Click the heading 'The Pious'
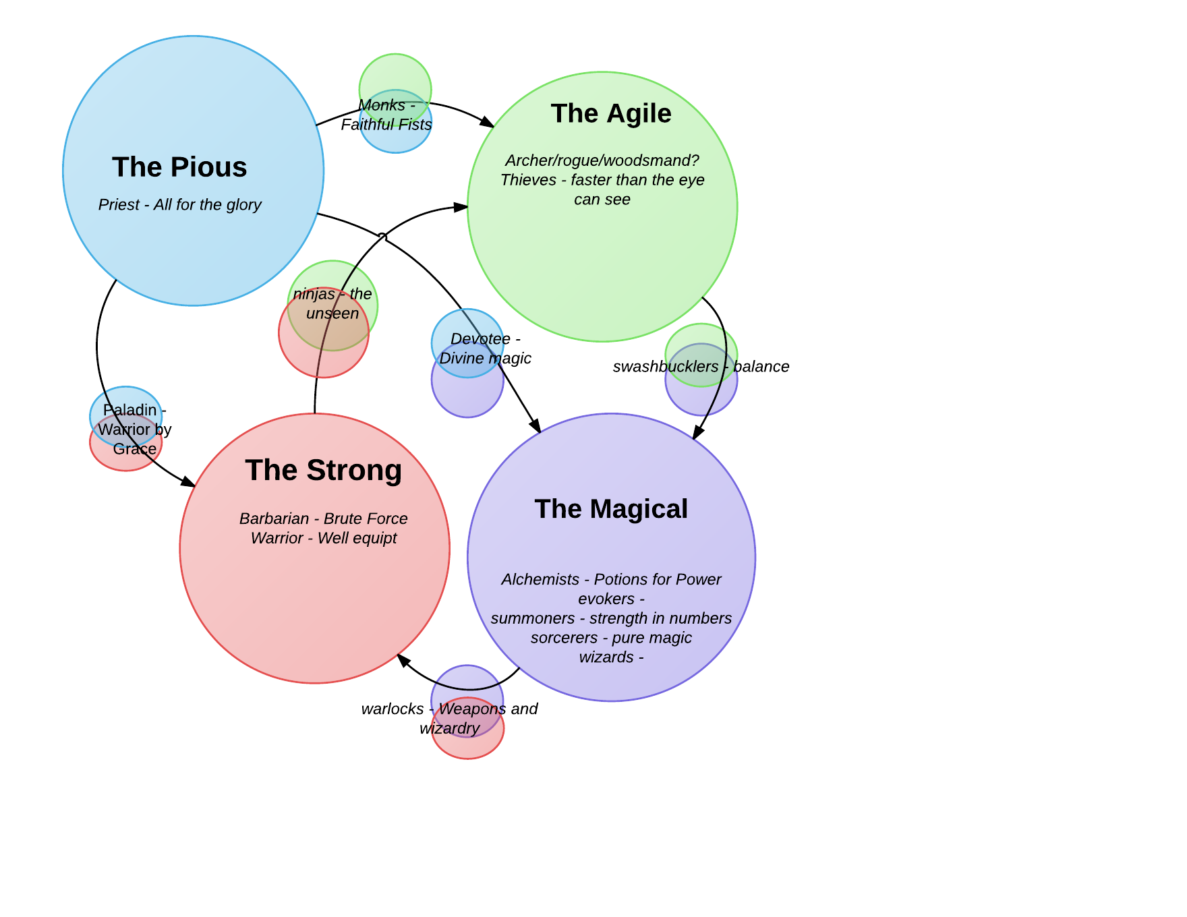click(x=179, y=167)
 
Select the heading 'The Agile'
click(x=611, y=113)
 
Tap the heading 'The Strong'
click(x=323, y=470)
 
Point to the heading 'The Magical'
click(x=611, y=509)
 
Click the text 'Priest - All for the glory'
click(x=179, y=204)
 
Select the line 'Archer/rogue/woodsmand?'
click(x=602, y=160)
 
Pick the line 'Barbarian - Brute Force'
click(x=323, y=519)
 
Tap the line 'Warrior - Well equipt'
click(x=323, y=538)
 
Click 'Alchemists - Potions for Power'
click(x=611, y=579)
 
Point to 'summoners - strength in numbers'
click(x=611, y=618)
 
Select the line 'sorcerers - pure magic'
click(x=611, y=638)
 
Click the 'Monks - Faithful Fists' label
click(x=386, y=115)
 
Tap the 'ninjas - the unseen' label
click(x=332, y=303)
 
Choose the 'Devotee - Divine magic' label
click(x=485, y=349)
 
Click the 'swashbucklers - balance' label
click(x=701, y=367)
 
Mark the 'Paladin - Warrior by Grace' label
click(x=134, y=430)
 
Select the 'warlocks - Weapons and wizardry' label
click(x=449, y=719)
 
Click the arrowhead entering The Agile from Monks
click(x=488, y=123)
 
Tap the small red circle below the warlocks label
click(x=468, y=747)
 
